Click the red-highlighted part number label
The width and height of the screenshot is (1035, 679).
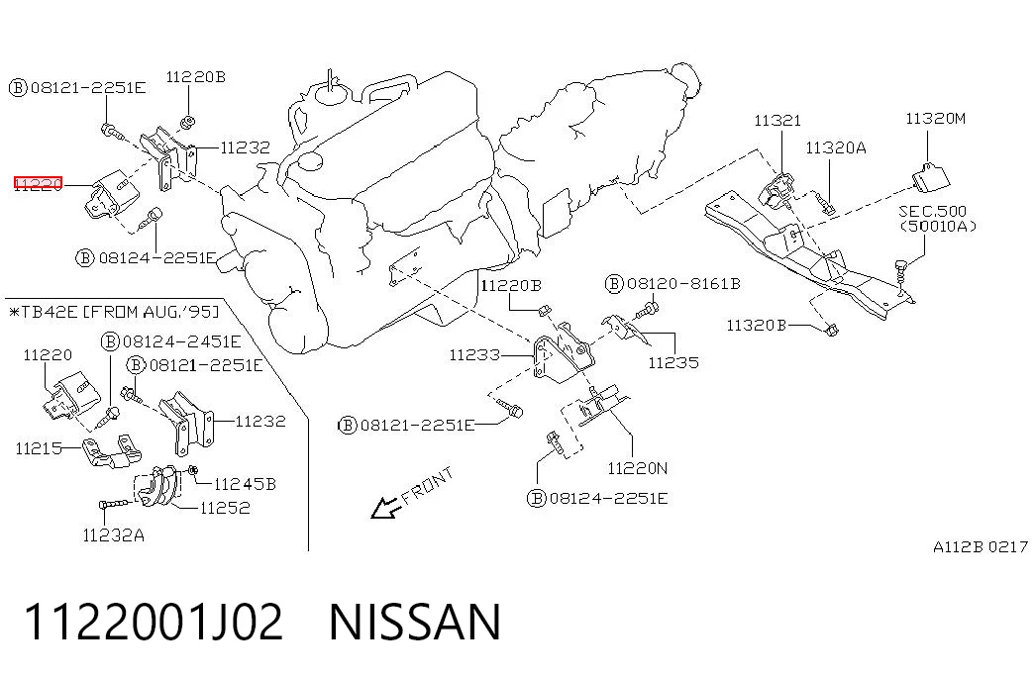coord(39,183)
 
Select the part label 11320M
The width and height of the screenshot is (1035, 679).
coord(935,118)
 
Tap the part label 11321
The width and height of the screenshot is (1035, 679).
coord(777,120)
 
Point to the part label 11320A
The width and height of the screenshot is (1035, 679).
coord(836,147)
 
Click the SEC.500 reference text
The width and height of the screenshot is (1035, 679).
coord(932,211)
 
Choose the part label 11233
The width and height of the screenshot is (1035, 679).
coord(474,355)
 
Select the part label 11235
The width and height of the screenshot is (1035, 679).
coord(673,362)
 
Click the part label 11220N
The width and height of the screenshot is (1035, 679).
coord(638,468)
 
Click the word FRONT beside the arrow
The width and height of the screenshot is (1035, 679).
coord(428,485)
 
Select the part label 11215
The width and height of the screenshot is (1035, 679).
coord(39,448)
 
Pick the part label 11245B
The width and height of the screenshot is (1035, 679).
coord(245,484)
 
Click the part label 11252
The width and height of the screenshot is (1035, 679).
coord(225,508)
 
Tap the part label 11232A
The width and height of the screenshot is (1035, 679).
coord(114,535)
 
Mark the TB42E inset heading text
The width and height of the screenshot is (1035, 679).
coord(114,311)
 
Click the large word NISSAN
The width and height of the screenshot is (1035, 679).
coord(415,622)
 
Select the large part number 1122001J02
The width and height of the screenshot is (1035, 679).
coord(154,622)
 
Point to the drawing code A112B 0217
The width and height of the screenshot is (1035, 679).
coord(981,546)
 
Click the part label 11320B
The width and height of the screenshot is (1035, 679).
coord(757,325)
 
